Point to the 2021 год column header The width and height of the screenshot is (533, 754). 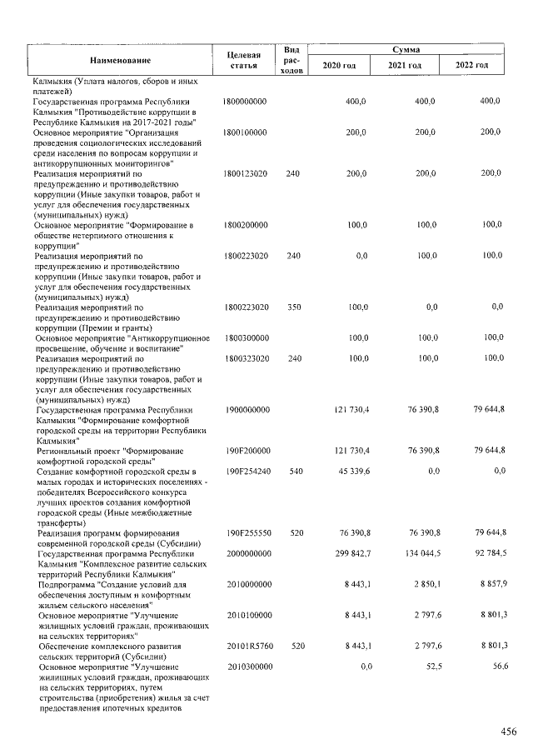(406, 66)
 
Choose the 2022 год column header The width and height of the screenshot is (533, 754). (472, 66)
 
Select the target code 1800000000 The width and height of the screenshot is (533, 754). (245, 101)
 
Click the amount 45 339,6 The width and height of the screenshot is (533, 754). (351, 472)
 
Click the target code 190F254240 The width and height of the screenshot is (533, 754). (247, 472)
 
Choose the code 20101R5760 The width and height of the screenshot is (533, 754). (247, 646)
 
